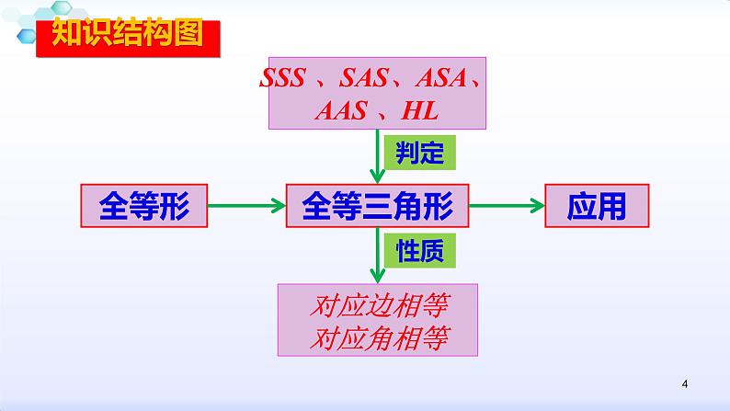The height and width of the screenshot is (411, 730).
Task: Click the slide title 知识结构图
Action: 126,36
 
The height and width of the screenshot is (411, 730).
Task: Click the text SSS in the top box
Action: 285,78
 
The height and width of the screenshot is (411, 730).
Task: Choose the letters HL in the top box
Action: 420,111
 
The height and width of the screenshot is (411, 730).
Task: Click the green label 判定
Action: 419,153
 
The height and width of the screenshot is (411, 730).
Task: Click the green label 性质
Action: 419,251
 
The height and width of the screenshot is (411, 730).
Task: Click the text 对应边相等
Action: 378,305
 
